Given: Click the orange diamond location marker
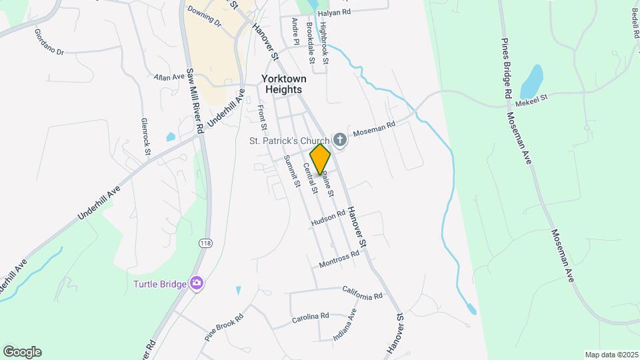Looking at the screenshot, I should tap(320, 159).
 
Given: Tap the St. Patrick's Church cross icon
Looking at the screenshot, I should tap(340, 140).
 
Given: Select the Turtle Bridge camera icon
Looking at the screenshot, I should tap(197, 284).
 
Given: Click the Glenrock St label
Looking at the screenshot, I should tap(145, 136).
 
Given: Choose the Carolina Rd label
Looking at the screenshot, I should tap(311, 317).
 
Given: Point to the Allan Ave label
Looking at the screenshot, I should tap(169, 77).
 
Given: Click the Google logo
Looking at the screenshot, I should tap(22, 352).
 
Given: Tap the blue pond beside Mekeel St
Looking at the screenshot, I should tap(531, 81).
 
